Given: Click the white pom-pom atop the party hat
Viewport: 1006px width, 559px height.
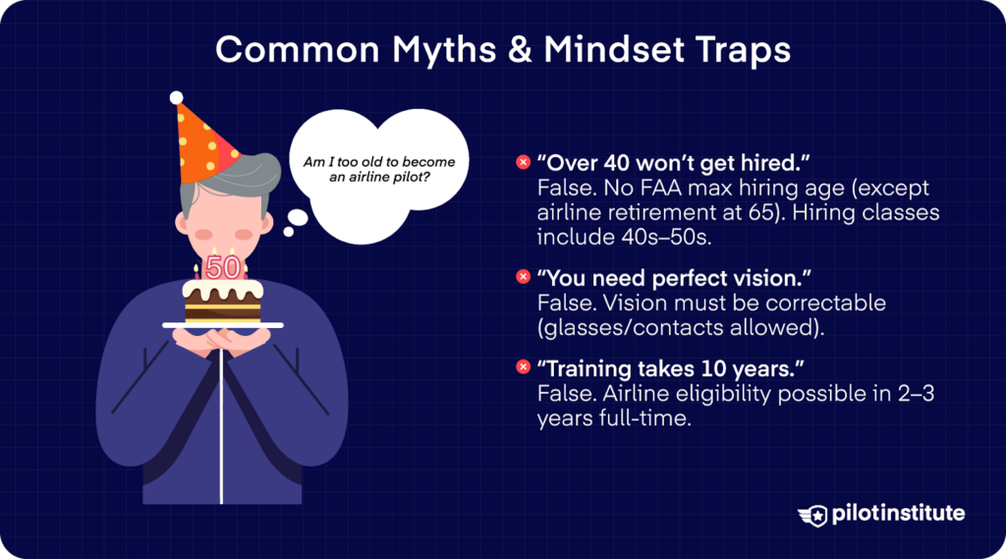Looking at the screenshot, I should pyautogui.click(x=176, y=97).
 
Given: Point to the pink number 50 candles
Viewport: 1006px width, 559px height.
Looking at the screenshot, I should pyautogui.click(x=223, y=266).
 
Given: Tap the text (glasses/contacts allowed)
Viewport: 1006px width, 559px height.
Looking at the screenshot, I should pyautogui.click(x=680, y=328).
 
